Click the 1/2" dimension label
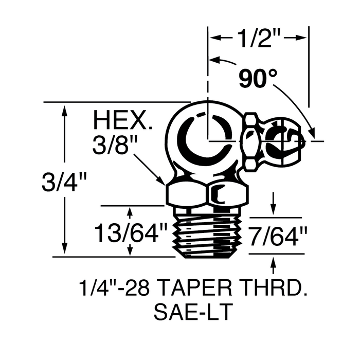pos(259,38)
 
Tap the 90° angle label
pos(257,79)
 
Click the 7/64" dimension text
pos(278,238)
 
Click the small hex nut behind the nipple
pos(250,141)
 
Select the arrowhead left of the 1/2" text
pos(214,38)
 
